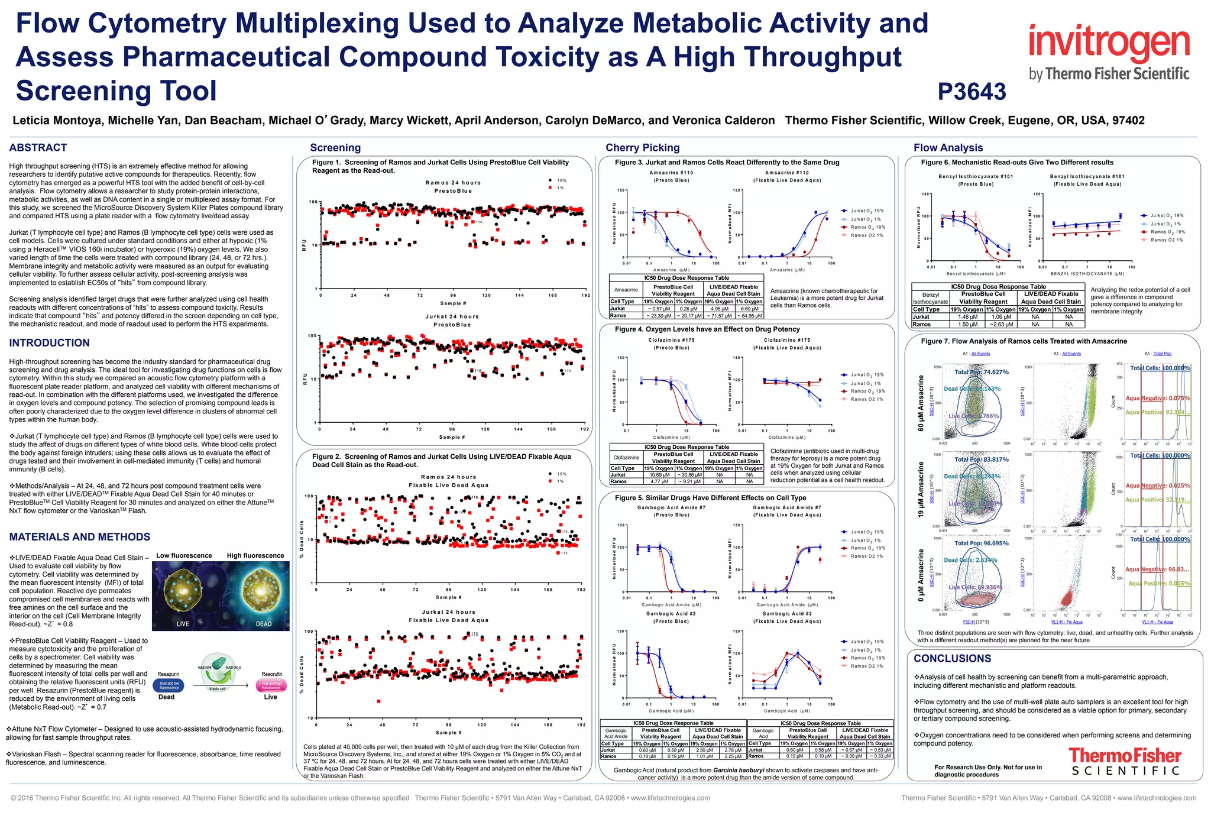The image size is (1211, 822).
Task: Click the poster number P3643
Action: [x=972, y=92]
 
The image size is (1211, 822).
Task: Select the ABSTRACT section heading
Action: [x=38, y=148]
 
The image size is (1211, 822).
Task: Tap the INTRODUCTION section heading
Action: [x=50, y=343]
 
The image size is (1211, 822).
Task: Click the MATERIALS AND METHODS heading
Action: [x=80, y=537]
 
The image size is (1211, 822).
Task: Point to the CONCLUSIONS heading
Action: [x=952, y=659]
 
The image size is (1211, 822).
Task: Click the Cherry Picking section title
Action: [x=642, y=148]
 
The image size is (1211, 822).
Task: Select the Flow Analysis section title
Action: [x=948, y=148]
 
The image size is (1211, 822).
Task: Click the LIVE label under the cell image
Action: [x=183, y=624]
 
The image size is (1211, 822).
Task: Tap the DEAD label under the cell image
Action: [x=263, y=624]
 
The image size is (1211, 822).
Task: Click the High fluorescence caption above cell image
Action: [x=255, y=556]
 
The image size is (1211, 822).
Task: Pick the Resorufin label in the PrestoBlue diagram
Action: [x=272, y=674]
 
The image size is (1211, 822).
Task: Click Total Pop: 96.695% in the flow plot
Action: [x=981, y=543]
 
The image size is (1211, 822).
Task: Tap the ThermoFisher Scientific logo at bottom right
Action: [x=1125, y=762]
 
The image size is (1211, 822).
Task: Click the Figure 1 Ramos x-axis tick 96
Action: [x=453, y=295]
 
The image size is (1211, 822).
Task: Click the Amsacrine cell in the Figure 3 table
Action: [x=626, y=290]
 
